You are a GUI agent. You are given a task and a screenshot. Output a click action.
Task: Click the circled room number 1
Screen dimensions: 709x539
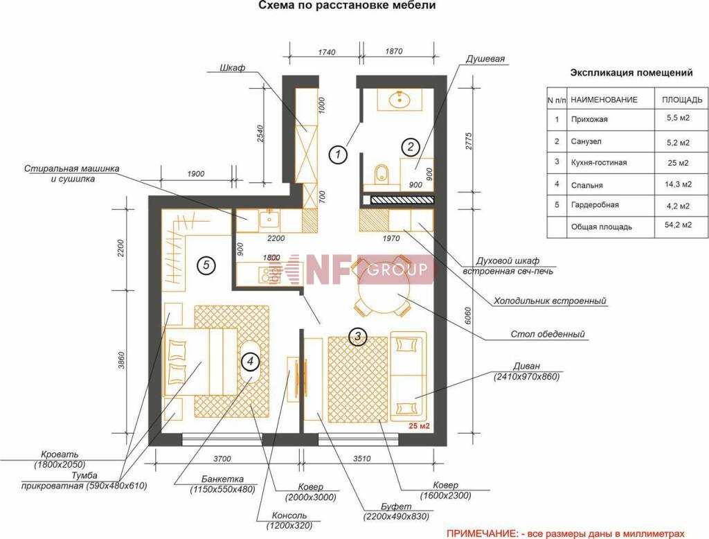click(x=338, y=154)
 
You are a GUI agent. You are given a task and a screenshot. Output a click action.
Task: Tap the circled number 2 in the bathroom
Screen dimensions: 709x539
click(x=410, y=146)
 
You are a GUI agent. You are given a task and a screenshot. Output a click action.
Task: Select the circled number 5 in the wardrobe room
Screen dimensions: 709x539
click(x=206, y=265)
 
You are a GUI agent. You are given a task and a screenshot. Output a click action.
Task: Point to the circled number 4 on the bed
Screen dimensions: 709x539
click(x=250, y=361)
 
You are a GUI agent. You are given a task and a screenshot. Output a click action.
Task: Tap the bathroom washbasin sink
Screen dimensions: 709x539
click(x=400, y=100)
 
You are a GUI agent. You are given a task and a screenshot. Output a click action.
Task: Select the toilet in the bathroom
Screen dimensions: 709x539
click(x=382, y=174)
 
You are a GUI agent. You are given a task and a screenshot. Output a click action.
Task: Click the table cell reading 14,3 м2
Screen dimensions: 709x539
click(x=678, y=184)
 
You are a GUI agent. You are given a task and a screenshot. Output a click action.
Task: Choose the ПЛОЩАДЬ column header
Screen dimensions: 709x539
click(x=682, y=100)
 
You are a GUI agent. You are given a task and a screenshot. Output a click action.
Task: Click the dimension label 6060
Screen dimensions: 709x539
click(x=467, y=315)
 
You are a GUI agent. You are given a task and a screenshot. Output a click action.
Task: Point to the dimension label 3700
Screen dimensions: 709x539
click(x=222, y=459)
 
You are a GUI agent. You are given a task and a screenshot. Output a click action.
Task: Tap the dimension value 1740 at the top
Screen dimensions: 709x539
click(x=327, y=52)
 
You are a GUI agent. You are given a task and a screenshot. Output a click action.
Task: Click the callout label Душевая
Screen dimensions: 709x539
click(x=485, y=60)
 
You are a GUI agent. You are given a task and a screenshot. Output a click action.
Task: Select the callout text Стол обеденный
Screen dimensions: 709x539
click(x=548, y=334)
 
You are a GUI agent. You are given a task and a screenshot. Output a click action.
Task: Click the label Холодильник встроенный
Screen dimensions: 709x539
click(x=550, y=301)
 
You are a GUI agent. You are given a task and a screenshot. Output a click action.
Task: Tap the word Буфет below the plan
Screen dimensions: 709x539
click(x=396, y=506)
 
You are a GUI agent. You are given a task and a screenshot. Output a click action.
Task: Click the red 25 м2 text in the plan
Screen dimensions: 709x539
click(x=419, y=426)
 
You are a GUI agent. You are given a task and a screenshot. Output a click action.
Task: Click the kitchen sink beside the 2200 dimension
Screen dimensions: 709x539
click(x=269, y=220)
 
